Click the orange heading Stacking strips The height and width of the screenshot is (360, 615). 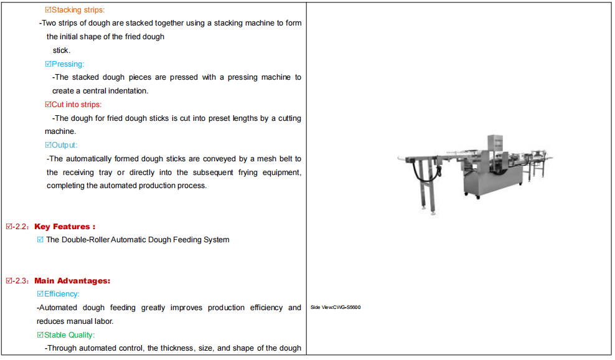point(78,10)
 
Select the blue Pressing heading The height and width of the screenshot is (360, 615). point(68,64)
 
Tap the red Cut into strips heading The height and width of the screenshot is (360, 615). point(77,105)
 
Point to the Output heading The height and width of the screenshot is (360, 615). point(64,145)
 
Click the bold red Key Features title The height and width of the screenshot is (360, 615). point(65,227)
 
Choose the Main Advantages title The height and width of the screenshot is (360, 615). point(72,281)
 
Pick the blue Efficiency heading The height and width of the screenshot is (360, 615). point(62,294)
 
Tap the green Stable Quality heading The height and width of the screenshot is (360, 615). point(70,335)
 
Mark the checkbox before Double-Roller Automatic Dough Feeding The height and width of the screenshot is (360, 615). point(40,239)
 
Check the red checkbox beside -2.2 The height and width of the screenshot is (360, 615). point(9,227)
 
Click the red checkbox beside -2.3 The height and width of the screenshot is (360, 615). point(9,281)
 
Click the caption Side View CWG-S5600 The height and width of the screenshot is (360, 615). point(336,308)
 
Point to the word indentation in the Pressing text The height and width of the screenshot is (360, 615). point(128,91)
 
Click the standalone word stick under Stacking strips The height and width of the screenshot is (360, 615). point(62,50)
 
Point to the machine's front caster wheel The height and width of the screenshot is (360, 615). point(477,197)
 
